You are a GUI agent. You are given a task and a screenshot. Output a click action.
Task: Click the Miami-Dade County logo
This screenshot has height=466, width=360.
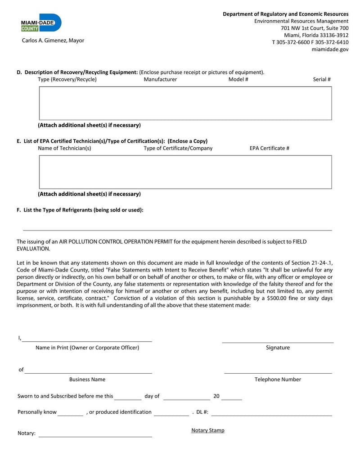[40, 23]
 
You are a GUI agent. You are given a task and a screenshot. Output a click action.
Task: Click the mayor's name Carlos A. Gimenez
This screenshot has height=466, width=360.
[53, 41]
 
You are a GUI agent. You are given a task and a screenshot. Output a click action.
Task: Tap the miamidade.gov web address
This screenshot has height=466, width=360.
[330, 50]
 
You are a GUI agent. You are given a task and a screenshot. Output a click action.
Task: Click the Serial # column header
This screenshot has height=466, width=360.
[322, 79]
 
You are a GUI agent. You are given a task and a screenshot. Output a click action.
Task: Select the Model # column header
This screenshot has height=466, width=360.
[238, 79]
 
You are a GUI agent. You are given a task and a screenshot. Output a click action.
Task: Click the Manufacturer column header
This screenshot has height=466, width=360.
[160, 79]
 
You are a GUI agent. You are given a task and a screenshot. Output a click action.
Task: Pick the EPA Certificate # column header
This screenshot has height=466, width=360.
[269, 148]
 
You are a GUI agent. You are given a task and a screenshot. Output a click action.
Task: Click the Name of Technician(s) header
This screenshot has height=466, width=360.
[64, 148]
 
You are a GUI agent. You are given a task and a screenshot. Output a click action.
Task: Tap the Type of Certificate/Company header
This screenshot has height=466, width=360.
[178, 148]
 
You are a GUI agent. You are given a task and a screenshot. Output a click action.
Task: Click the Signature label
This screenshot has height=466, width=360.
[278, 348]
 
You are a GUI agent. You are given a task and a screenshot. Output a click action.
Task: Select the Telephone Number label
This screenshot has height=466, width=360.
[278, 380]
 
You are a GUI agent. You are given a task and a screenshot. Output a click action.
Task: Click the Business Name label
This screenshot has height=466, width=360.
[87, 380]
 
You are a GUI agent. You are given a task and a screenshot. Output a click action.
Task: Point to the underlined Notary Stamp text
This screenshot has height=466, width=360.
[207, 430]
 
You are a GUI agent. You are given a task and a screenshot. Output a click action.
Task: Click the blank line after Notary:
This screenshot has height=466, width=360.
[95, 436]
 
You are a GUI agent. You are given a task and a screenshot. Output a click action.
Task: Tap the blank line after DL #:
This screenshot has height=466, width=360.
[271, 415]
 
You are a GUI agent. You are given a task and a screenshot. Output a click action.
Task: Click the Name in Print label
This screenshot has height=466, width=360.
[87, 348]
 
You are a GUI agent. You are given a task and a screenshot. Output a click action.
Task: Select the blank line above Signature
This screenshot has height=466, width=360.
[278, 342]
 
